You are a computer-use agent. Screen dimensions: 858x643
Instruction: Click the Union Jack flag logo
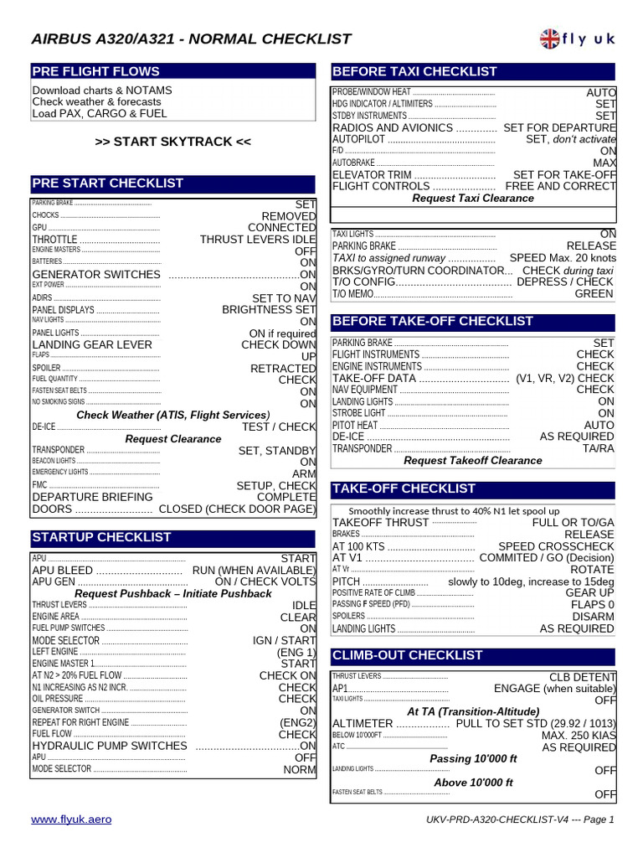click(551, 39)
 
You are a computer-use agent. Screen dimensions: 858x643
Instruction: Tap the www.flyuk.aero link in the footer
click(71, 819)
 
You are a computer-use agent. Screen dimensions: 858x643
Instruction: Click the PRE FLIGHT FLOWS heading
click(95, 72)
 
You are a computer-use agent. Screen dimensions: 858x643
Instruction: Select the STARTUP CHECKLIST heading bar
click(101, 537)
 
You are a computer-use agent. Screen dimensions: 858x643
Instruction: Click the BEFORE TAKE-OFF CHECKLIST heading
click(433, 322)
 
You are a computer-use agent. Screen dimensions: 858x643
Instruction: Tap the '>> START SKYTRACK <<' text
click(173, 142)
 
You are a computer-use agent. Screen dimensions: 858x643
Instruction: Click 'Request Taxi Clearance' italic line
click(473, 199)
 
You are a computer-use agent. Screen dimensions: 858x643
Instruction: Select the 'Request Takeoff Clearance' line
click(473, 461)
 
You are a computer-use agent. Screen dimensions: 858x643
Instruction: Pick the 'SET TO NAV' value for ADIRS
click(284, 298)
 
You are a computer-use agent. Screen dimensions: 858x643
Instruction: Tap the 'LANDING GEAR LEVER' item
click(92, 344)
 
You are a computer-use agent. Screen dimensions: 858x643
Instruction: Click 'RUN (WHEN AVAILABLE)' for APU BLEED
click(254, 571)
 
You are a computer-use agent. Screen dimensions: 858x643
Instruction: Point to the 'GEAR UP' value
click(590, 592)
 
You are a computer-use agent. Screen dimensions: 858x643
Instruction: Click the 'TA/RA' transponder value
click(598, 449)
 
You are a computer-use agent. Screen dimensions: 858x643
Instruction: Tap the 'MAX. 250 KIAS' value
click(579, 736)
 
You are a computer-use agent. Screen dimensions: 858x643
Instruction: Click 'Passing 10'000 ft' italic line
click(473, 759)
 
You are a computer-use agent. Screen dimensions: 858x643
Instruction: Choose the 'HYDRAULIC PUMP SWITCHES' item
click(110, 746)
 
